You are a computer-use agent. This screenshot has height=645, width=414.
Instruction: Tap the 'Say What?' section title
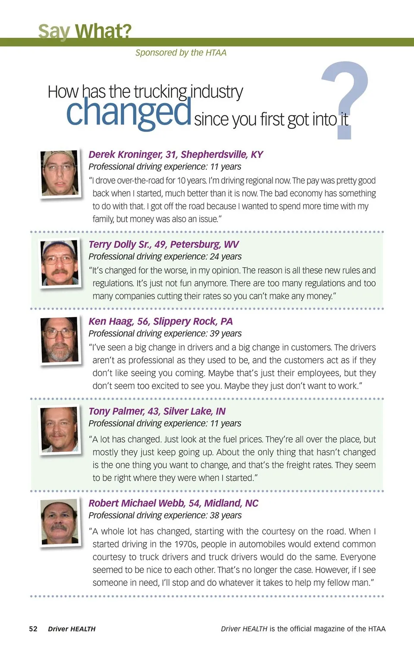[85, 31]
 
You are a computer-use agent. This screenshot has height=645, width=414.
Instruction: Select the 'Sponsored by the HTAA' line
[181, 53]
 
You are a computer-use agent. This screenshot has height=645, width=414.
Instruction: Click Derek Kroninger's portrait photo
[60, 173]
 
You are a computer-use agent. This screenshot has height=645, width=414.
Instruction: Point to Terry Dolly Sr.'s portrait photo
[60, 263]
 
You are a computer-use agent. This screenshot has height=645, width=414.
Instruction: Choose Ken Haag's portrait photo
[60, 340]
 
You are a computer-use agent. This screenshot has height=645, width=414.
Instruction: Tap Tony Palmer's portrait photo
[60, 429]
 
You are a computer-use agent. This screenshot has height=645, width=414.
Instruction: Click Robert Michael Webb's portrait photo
[60, 522]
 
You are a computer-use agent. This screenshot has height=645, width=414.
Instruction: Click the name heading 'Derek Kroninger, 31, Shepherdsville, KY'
[176, 154]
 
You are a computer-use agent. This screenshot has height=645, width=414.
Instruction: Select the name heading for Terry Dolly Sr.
[163, 244]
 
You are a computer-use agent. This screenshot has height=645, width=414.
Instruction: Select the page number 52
[33, 629]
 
